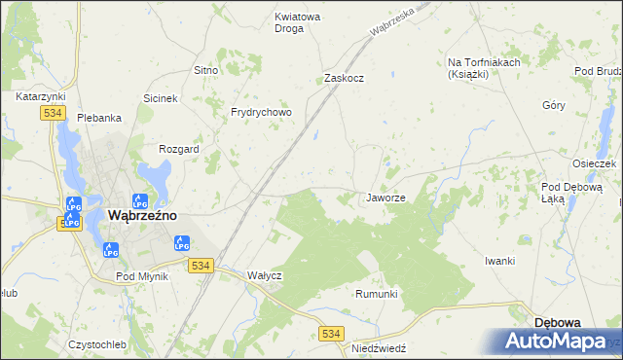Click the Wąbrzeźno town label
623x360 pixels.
tap(142, 216)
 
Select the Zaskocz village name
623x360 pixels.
tap(344, 79)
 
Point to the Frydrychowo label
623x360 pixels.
tap(261, 113)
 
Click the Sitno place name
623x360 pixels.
tap(205, 71)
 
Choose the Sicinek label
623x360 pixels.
tap(161, 99)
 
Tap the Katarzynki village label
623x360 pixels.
tap(40, 97)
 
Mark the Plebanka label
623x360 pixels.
tap(99, 118)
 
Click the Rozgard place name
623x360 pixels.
tap(179, 149)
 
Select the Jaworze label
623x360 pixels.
tap(385, 198)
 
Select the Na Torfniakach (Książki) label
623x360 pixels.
tap(484, 68)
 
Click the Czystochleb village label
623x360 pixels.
tap(97, 345)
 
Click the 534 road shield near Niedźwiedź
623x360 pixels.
tap(331, 334)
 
